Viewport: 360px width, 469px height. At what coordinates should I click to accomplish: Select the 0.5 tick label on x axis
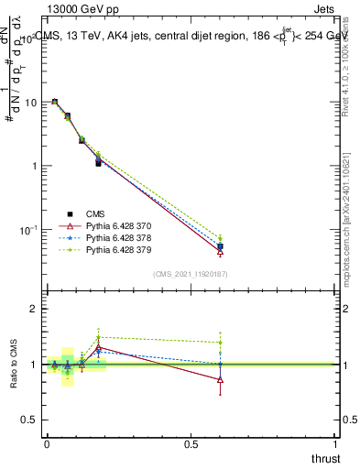point(191,443)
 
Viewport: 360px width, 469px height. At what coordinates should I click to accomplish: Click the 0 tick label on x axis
point(47,443)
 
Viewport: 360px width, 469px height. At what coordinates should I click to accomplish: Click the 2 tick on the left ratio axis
point(34,310)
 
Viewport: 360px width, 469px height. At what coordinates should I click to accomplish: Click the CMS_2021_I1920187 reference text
point(191,273)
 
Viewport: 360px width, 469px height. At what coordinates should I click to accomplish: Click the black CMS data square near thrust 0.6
point(220,246)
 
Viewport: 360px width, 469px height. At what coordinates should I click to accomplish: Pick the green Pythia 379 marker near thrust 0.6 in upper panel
point(220,238)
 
